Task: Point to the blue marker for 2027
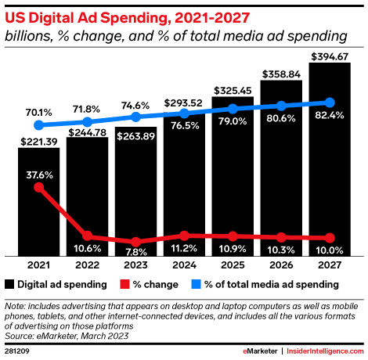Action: pos(330,103)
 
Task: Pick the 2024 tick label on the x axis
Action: pos(184,266)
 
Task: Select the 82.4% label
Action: pos(329,117)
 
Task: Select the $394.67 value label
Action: pos(329,55)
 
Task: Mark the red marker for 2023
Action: pos(136,242)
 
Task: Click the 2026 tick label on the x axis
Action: pos(281,266)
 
